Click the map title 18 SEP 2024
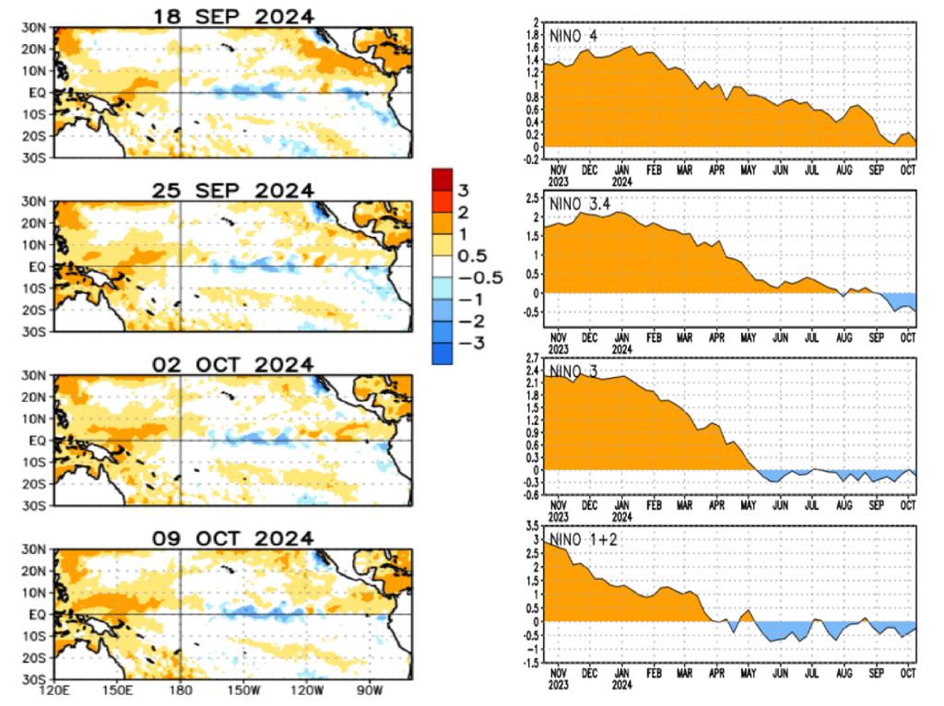pos(233,17)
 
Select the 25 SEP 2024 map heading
pos(233,190)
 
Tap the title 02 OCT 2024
pos(233,364)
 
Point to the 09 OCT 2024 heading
pos(233,537)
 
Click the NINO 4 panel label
pos(573,35)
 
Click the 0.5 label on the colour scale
pos(472,256)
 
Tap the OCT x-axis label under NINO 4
pos(908,170)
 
